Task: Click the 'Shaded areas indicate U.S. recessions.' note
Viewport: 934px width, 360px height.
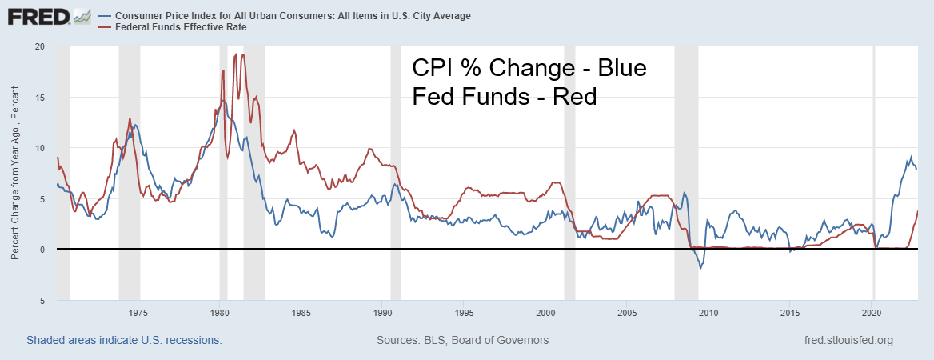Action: click(x=124, y=340)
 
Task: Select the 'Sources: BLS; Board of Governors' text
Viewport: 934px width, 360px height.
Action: click(x=462, y=340)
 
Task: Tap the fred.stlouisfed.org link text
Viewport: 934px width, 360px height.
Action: click(x=848, y=340)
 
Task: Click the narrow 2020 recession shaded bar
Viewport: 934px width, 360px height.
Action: click(x=873, y=160)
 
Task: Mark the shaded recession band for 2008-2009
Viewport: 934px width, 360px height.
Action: click(x=686, y=160)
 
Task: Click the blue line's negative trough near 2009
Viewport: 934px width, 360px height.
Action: click(x=700, y=268)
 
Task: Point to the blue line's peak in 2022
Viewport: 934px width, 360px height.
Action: click(x=911, y=157)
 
